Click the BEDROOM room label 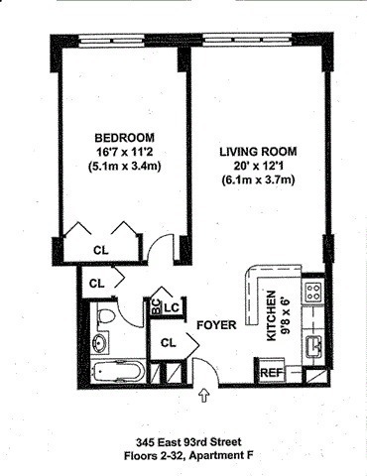coord(124,137)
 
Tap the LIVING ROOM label coord(258,152)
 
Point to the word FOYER coord(216,325)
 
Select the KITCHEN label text coord(271,315)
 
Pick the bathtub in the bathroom coord(117,371)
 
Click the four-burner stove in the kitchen coord(313,292)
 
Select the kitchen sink coord(313,347)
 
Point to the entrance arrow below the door coord(204,396)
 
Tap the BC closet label coord(156,306)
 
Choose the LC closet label coord(172,307)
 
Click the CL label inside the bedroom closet coord(101,250)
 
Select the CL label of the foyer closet coord(169,343)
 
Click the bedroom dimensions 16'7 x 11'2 coord(125,152)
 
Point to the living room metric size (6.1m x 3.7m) coord(258,180)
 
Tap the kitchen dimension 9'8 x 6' coord(285,316)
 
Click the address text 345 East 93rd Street coord(188,441)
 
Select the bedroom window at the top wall coord(112,42)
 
